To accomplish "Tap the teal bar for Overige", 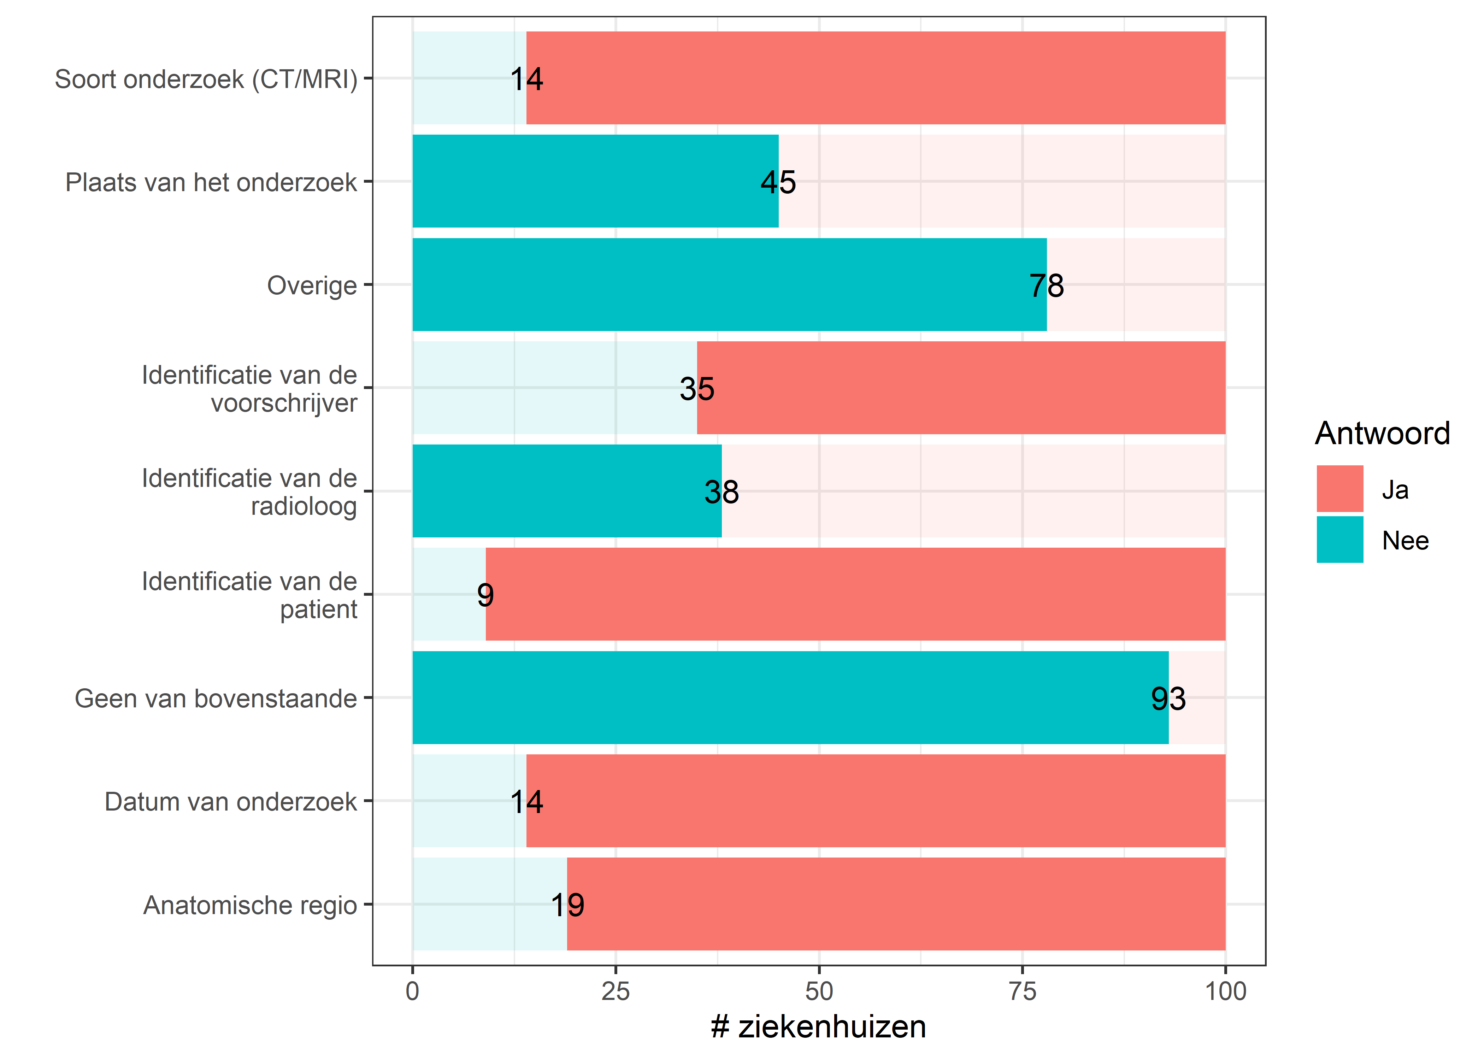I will pos(729,284).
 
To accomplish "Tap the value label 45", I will pos(778,182).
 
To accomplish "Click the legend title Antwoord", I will pos(1382,434).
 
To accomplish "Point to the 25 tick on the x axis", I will pos(616,991).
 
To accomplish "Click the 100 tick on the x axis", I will pos(1225,991).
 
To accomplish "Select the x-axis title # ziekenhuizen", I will pos(818,1027).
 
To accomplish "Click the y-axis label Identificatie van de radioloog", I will pos(249,492).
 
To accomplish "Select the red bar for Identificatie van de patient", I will pos(855,594).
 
